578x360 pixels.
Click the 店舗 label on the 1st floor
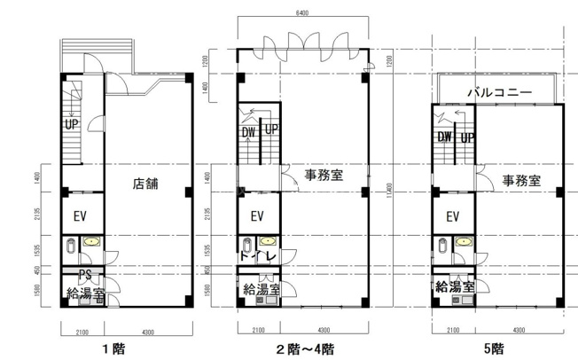(145, 184)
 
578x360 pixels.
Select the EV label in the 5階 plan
(452, 215)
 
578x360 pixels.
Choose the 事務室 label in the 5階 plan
(520, 180)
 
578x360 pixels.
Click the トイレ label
(259, 257)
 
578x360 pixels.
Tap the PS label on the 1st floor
(86, 273)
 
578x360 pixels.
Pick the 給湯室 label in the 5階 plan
(454, 286)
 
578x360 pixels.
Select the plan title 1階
(113, 348)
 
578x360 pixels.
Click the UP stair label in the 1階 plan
(72, 124)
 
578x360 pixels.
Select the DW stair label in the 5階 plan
(444, 137)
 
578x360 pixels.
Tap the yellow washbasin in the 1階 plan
(90, 241)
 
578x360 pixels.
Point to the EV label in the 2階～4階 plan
(258, 215)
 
